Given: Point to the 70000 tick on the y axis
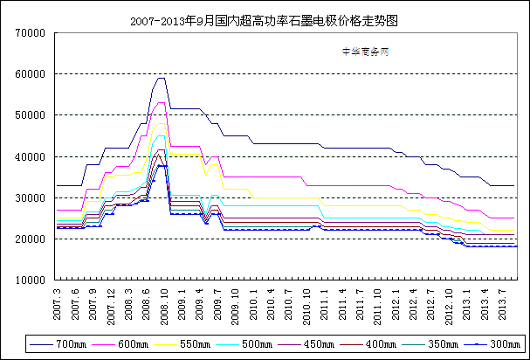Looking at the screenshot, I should (30, 32).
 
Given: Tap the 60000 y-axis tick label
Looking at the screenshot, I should (30, 73).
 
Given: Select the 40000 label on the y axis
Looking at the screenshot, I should (30, 156).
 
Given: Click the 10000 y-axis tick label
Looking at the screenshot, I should (30, 280).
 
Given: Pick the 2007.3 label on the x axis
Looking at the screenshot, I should (58, 301).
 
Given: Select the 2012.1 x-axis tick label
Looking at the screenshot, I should (396, 301).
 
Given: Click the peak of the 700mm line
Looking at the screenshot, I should (161, 78).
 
